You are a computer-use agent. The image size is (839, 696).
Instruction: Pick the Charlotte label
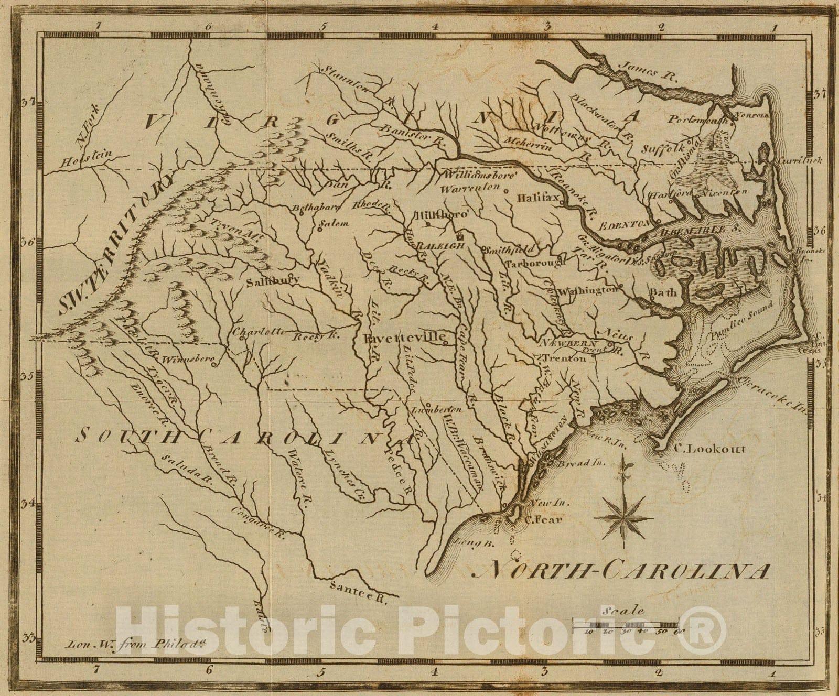pos(259,331)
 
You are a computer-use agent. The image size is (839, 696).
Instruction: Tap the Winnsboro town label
pos(188,360)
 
